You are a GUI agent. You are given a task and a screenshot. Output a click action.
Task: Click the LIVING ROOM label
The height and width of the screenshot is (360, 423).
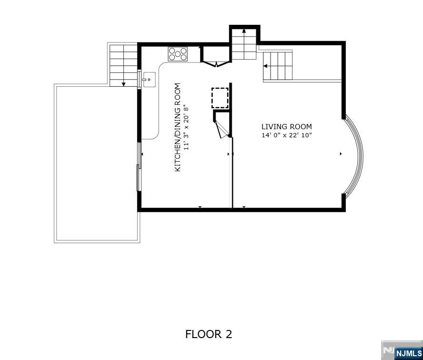pos(286,127)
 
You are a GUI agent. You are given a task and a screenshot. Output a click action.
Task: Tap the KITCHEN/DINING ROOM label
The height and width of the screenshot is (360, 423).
pos(177,128)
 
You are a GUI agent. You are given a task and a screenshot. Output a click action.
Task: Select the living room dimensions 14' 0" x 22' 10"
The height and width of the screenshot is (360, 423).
pos(286,135)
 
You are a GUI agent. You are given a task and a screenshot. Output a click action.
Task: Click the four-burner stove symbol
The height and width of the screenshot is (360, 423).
pos(178,54)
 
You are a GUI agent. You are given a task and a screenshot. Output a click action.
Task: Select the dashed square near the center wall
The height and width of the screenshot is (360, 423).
pos(220,98)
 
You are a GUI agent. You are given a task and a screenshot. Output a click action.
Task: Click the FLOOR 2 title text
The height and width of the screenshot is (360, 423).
pos(208,334)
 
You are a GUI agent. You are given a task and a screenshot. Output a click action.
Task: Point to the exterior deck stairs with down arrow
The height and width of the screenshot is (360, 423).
pos(123,65)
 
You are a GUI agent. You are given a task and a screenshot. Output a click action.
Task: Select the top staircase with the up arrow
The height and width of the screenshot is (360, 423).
pos(244,44)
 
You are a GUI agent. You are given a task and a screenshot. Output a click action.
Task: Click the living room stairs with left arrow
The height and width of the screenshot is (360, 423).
pos(278,66)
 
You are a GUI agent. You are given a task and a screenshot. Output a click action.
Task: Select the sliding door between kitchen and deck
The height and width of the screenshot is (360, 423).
pos(139,167)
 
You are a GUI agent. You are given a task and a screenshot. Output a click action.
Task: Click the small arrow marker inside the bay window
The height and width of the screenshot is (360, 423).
pos(341,154)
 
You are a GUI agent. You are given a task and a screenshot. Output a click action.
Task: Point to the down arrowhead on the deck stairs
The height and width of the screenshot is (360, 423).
pos(123,84)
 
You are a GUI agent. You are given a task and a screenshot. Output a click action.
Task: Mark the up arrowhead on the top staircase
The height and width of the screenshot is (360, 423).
pos(244,31)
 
